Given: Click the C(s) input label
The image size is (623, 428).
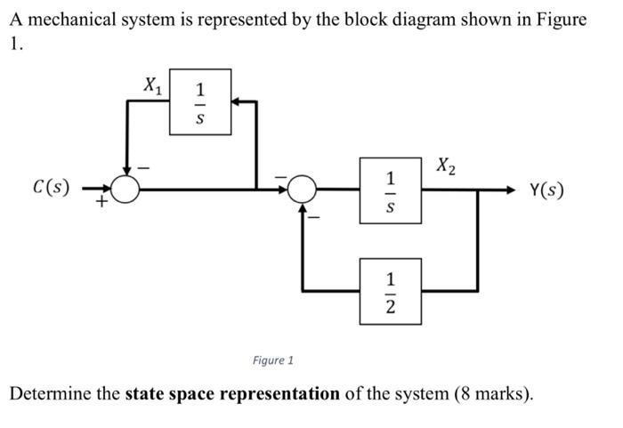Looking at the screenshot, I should (x=51, y=189).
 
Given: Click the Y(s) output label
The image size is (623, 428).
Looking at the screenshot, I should (x=546, y=190).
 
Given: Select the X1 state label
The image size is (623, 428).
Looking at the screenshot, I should (x=153, y=85).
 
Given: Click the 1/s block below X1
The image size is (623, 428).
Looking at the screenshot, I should (x=200, y=102).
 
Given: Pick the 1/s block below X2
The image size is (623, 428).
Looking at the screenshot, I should (x=390, y=190).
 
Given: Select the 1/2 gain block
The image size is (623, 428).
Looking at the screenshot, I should (x=390, y=291).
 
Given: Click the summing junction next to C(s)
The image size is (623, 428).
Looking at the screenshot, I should (x=126, y=189).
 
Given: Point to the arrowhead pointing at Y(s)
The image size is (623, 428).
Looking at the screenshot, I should (x=511, y=190).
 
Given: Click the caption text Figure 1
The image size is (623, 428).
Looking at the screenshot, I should (x=272, y=360).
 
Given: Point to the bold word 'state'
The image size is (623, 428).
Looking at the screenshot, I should (x=145, y=393).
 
